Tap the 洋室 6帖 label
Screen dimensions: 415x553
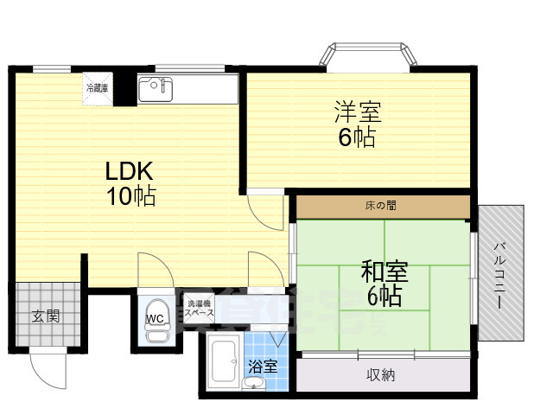357,124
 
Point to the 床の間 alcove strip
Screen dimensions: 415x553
383,207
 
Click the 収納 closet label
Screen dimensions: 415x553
380,374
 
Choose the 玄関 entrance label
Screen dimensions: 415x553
46,316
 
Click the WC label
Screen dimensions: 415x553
155,318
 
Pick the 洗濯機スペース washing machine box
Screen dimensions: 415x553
199,310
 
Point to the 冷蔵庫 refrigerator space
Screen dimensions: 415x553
97,87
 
